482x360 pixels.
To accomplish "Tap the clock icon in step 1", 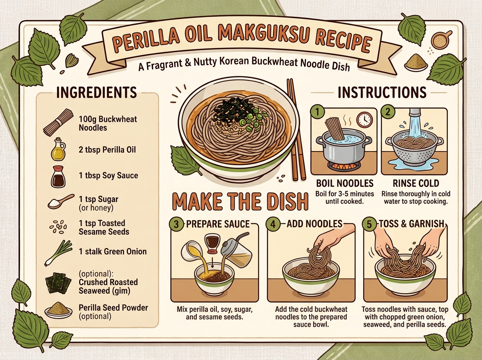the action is tap(365, 119).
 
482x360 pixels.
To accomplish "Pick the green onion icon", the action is tap(58, 253).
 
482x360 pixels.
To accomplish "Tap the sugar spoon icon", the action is tap(61, 201).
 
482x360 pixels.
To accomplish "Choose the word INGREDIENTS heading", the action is tap(97, 92).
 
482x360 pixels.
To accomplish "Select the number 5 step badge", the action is tap(370, 224).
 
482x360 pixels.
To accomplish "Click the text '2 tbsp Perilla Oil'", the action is tap(107, 150).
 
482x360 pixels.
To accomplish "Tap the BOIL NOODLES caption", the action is tap(345, 183).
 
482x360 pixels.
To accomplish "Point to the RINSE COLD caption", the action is tap(416, 183).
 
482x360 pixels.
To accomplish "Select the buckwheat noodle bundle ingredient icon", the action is tap(58, 122).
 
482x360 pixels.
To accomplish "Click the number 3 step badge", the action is tap(176, 224).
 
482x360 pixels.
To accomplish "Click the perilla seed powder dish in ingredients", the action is tap(58, 310).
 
